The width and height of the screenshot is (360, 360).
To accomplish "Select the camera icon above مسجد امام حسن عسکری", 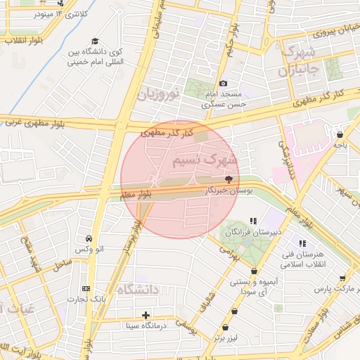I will tap(224, 84).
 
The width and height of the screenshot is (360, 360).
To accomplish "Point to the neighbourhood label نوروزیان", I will tap(159, 94).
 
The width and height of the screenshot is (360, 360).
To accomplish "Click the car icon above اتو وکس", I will tap(89, 238).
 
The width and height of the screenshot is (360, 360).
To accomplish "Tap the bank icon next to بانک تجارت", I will tap(86, 288).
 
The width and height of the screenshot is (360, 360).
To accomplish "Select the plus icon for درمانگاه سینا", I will tap(146, 314).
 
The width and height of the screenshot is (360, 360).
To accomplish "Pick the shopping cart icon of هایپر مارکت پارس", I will tap(342, 278).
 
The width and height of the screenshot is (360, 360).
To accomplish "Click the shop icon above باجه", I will tap(340, 134).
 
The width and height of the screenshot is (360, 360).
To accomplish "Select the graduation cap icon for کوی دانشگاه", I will tap(95, 41).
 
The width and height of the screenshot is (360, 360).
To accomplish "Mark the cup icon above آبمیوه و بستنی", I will tap(253, 271).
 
